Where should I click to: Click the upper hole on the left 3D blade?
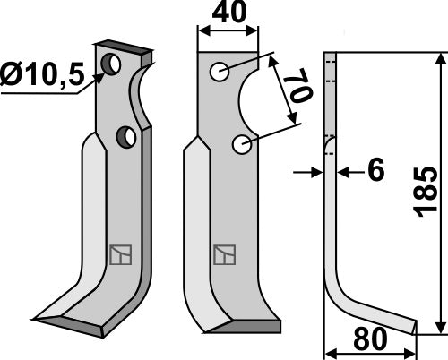(x=112, y=64)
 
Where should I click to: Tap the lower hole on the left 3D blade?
(x=125, y=136)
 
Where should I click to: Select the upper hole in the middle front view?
(x=219, y=72)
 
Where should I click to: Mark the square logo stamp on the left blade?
(x=119, y=255)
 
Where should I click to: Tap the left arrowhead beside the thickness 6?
(x=316, y=169)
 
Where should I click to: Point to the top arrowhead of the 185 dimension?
(x=439, y=59)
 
